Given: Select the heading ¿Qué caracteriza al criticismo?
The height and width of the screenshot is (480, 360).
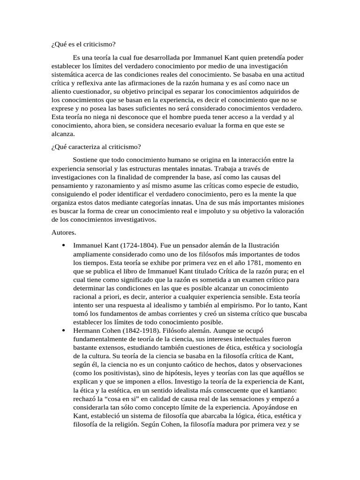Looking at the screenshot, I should [93, 147].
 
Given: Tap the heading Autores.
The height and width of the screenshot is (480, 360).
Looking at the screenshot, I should [63, 232].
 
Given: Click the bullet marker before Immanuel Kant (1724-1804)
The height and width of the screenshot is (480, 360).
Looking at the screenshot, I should [63, 246].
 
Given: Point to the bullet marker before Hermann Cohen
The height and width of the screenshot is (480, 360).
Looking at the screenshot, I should [63, 330].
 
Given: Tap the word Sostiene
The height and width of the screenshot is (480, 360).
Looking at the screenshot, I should [88, 160].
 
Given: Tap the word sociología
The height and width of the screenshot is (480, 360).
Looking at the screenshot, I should [284, 347].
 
